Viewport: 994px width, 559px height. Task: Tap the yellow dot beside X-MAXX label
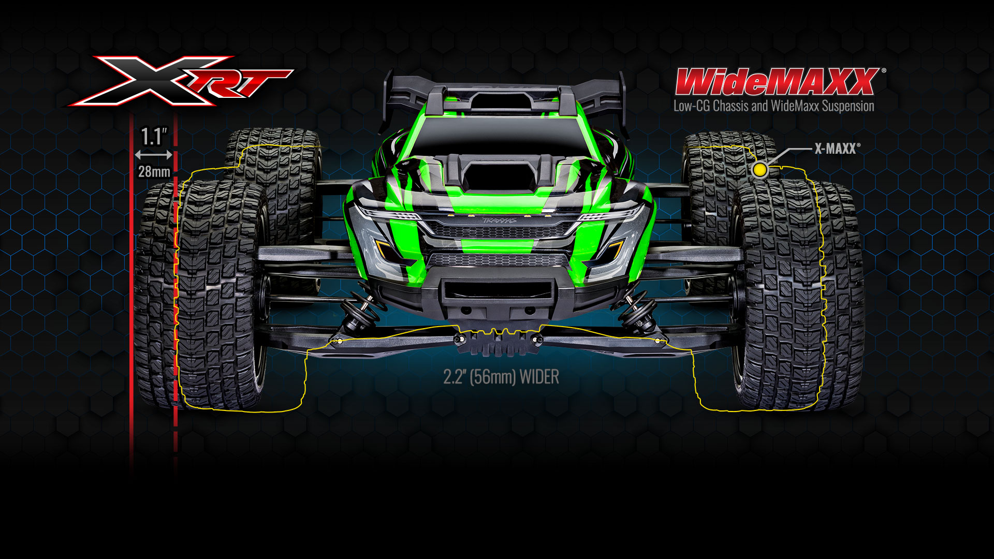point(759,170)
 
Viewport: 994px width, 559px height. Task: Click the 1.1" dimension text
point(154,137)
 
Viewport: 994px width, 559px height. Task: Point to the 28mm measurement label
point(154,171)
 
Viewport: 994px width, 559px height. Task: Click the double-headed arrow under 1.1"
point(154,154)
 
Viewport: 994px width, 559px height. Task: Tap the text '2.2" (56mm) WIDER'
point(501,377)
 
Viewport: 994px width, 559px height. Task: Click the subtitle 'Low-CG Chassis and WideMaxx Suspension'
point(773,107)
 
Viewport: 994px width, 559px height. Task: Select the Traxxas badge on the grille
point(500,220)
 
